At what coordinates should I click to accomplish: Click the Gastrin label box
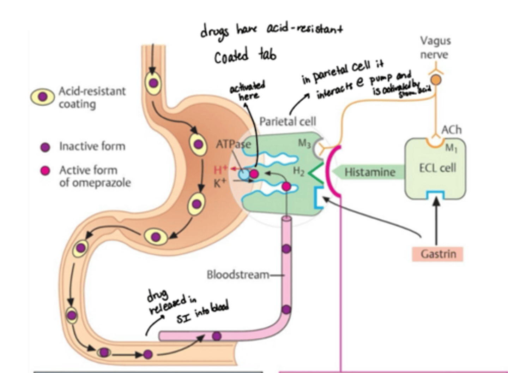pos(437,254)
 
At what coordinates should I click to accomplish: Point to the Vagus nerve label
pos(435,48)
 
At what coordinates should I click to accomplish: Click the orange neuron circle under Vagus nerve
pos(436,80)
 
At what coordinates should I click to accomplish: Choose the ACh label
pos(451,130)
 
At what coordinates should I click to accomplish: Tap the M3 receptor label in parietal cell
pos(304,143)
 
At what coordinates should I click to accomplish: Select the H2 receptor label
pos(298,171)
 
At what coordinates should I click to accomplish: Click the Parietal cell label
pos(288,122)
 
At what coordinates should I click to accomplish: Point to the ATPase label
pos(234,144)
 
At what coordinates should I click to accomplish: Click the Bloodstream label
pos(238,274)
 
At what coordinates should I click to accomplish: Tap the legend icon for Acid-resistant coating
pos(42,97)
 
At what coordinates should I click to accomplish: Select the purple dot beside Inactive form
pos(45,147)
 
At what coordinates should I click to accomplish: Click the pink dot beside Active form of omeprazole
pos(45,171)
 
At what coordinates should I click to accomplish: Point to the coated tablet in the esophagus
pos(153,83)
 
